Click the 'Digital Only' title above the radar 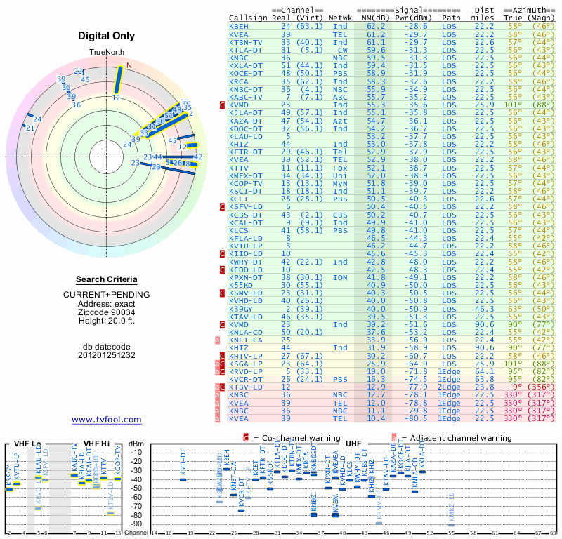pyautogui.click(x=107, y=36)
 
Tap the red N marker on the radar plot pyautogui.click(x=128, y=67)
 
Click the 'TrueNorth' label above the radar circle pyautogui.click(x=107, y=53)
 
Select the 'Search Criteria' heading pyautogui.click(x=107, y=279)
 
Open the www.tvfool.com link pyautogui.click(x=107, y=420)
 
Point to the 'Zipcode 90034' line pyautogui.click(x=107, y=312)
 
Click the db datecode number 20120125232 pyautogui.click(x=107, y=354)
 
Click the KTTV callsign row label pyautogui.click(x=239, y=168)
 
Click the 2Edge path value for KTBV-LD pyautogui.click(x=451, y=387)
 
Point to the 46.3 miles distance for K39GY pyautogui.click(x=484, y=308)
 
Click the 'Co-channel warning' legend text pyautogui.click(x=293, y=438)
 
